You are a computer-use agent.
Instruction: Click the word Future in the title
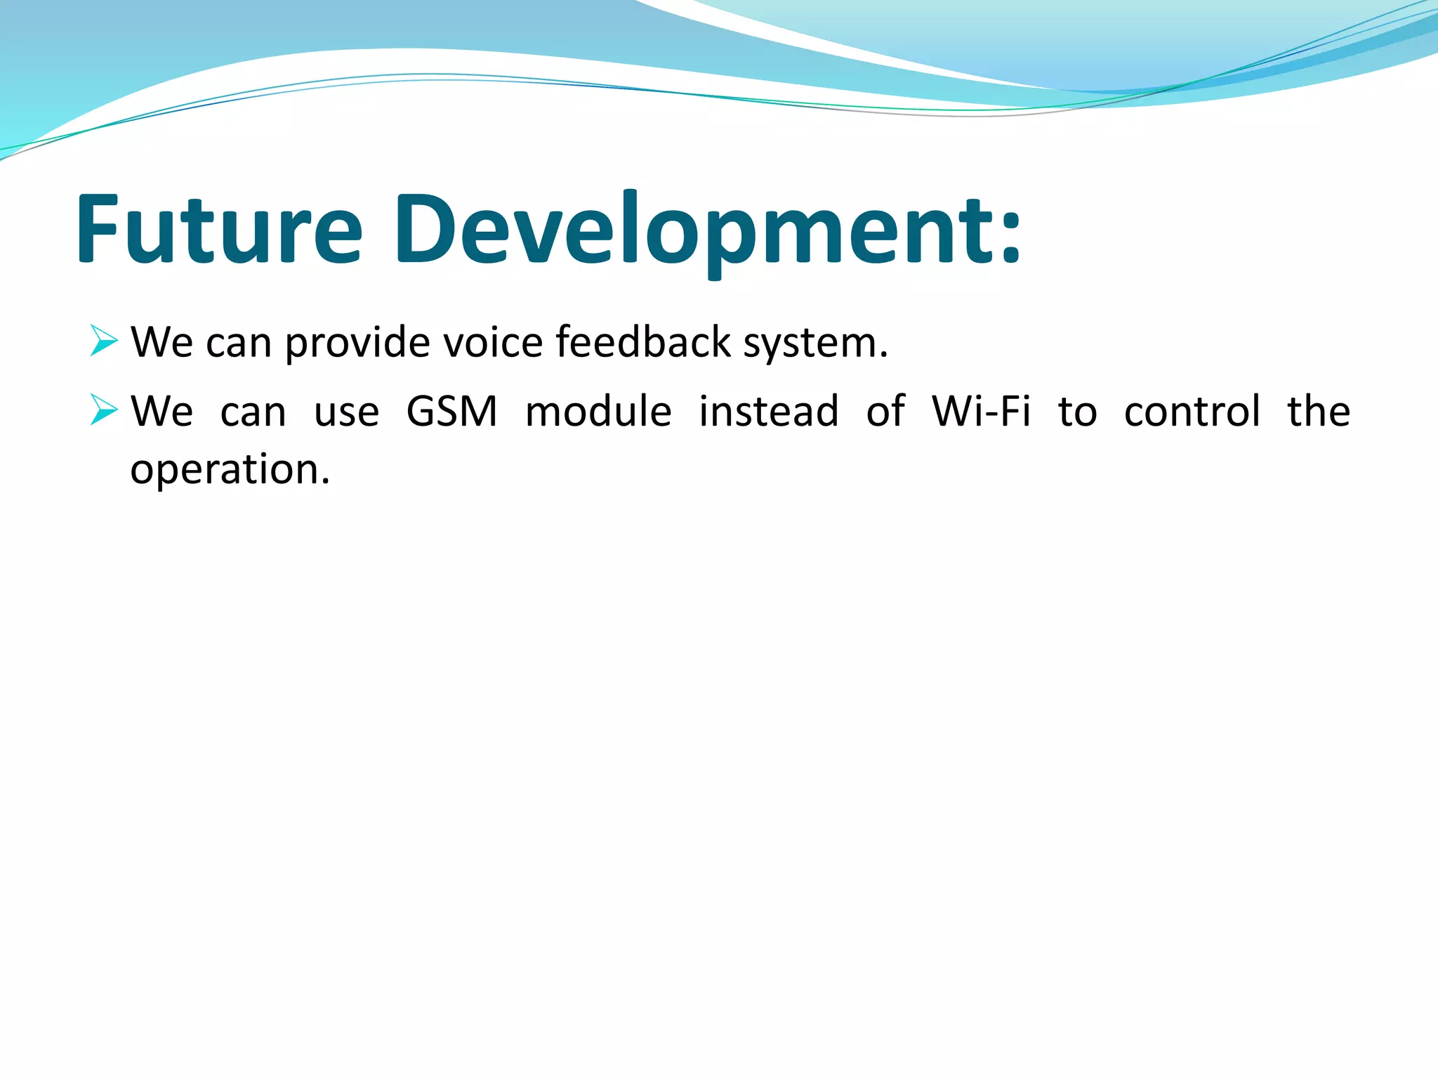220,229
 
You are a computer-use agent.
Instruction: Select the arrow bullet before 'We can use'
104,410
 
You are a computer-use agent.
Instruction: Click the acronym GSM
452,411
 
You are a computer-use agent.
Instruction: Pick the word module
598,410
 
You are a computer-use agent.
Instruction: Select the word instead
769,410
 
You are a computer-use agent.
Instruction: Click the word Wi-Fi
982,410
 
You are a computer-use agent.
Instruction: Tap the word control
1192,410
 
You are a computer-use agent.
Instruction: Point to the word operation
230,471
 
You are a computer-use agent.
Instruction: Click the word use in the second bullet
347,414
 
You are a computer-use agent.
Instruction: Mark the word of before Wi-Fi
885,410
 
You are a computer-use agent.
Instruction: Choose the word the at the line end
1319,410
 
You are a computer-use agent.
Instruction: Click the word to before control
1078,412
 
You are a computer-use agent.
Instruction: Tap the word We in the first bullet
162,342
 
